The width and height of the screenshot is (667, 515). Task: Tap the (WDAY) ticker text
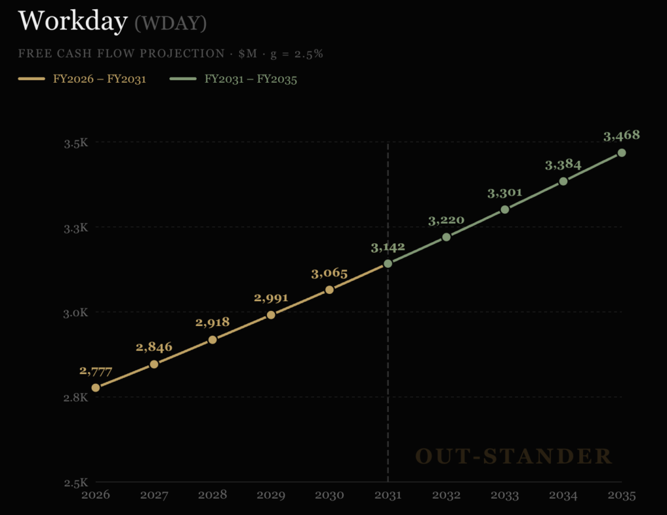pos(171,23)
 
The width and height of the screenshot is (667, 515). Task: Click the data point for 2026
pos(96,388)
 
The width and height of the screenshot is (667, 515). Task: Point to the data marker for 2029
pos(271,315)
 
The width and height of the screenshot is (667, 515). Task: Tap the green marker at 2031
pos(388,263)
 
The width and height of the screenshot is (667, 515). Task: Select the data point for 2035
pos(622,153)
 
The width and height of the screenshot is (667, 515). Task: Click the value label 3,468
pos(621,136)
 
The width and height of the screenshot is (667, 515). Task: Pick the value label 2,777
pos(96,371)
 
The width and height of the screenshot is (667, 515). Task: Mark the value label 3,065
pos(330,273)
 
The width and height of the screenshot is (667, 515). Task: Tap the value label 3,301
pos(505,193)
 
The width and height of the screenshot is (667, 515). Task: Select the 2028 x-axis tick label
pos(212,495)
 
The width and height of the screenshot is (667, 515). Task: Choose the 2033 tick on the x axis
pos(505,495)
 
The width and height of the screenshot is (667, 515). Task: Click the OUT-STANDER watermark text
pos(514,456)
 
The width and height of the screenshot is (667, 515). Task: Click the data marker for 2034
pos(563,181)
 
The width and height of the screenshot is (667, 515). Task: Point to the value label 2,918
pos(212,322)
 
